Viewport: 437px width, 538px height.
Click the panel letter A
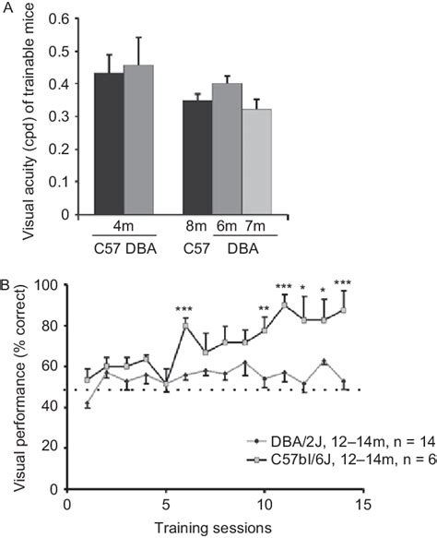click(x=7, y=8)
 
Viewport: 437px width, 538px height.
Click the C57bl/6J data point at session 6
click(x=186, y=325)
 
